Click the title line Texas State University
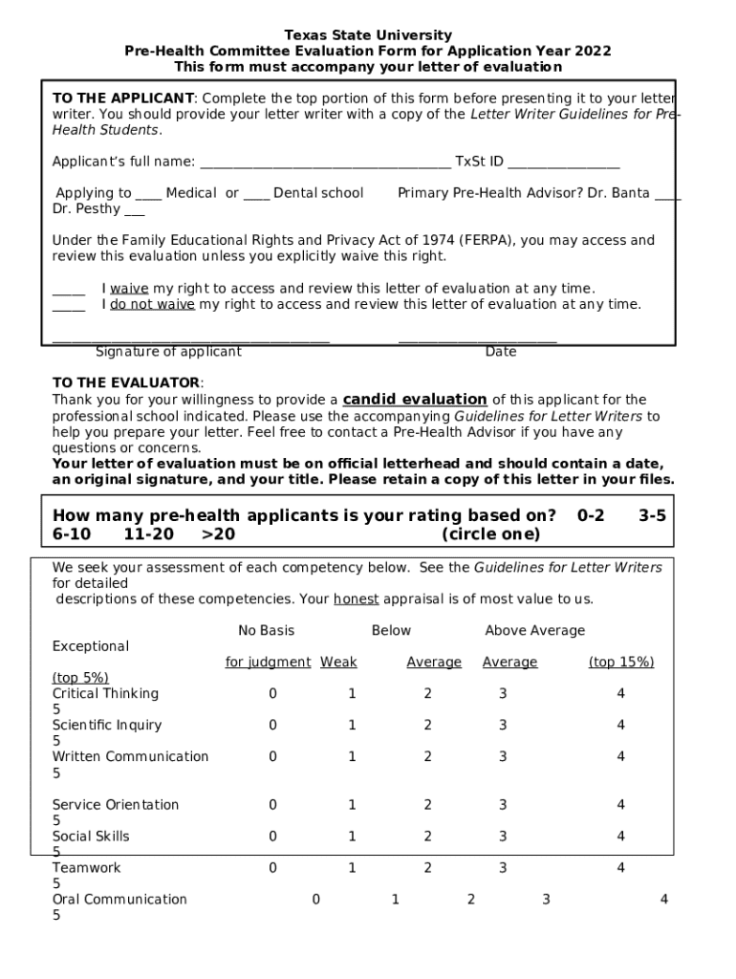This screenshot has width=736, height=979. pyautogui.click(x=368, y=35)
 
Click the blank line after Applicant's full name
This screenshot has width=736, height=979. pyautogui.click(x=325, y=163)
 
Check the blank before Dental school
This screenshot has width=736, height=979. pyautogui.click(x=256, y=195)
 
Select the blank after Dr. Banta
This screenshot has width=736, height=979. pyautogui.click(x=668, y=195)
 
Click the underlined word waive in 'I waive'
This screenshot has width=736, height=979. pyautogui.click(x=129, y=289)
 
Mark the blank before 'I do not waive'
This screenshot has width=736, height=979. pyautogui.click(x=68, y=307)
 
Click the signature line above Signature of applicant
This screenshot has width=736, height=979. pyautogui.click(x=190, y=339)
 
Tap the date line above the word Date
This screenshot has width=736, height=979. pyautogui.click(x=477, y=339)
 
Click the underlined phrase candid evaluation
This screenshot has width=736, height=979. pyautogui.click(x=415, y=400)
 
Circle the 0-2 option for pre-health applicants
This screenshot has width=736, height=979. pyautogui.click(x=591, y=516)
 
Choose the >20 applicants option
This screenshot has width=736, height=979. pyautogui.click(x=218, y=534)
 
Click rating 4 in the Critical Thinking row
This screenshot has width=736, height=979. pyautogui.click(x=620, y=694)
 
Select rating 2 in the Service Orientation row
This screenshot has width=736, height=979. pyautogui.click(x=427, y=805)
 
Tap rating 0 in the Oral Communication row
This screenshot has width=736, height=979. pyautogui.click(x=315, y=900)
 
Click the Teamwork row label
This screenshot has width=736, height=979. pyautogui.click(x=86, y=868)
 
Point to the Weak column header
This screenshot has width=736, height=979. pyautogui.click(x=338, y=663)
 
